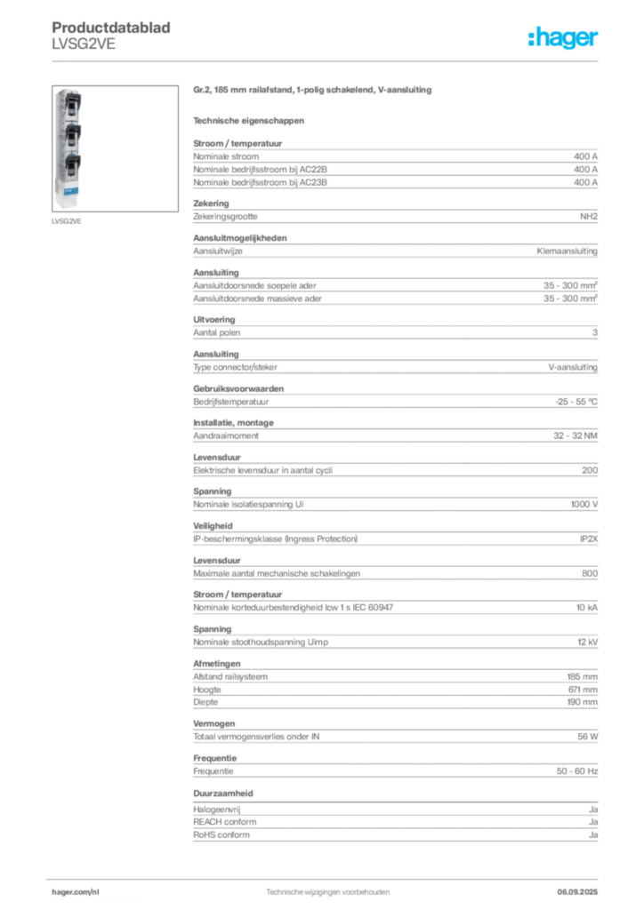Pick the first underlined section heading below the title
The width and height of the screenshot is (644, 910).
pyautogui.click(x=249, y=120)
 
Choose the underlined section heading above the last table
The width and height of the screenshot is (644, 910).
pyautogui.click(x=224, y=792)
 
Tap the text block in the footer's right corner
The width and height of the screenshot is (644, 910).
pyautogui.click(x=584, y=887)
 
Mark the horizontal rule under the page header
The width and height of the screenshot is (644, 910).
pyautogui.click(x=327, y=60)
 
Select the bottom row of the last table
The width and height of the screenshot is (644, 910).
pyautogui.click(x=395, y=840)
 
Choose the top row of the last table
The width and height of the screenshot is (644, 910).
pyautogui.click(x=395, y=809)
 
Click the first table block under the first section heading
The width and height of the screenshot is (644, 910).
pyautogui.click(x=395, y=164)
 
